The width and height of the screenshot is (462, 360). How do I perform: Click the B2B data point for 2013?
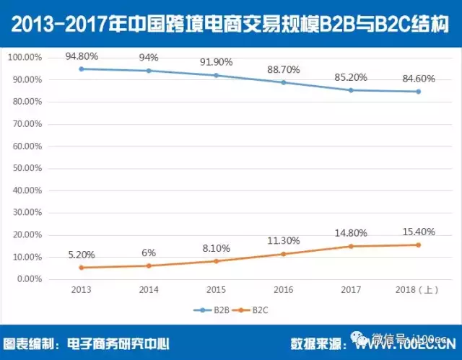point(82,69)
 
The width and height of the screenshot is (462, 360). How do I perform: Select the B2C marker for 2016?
point(283,254)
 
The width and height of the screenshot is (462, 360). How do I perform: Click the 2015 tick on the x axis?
point(216,289)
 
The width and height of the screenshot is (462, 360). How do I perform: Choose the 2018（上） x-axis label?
point(417,289)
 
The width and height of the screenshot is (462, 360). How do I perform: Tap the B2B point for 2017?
point(351,90)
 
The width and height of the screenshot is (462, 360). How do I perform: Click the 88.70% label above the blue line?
point(284,69)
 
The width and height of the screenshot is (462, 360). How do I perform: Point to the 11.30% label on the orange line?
point(284,241)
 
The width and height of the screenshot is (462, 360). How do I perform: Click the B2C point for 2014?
point(149,265)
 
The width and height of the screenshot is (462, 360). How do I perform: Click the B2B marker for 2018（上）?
point(417,92)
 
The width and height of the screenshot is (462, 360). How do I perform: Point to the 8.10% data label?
point(216,248)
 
